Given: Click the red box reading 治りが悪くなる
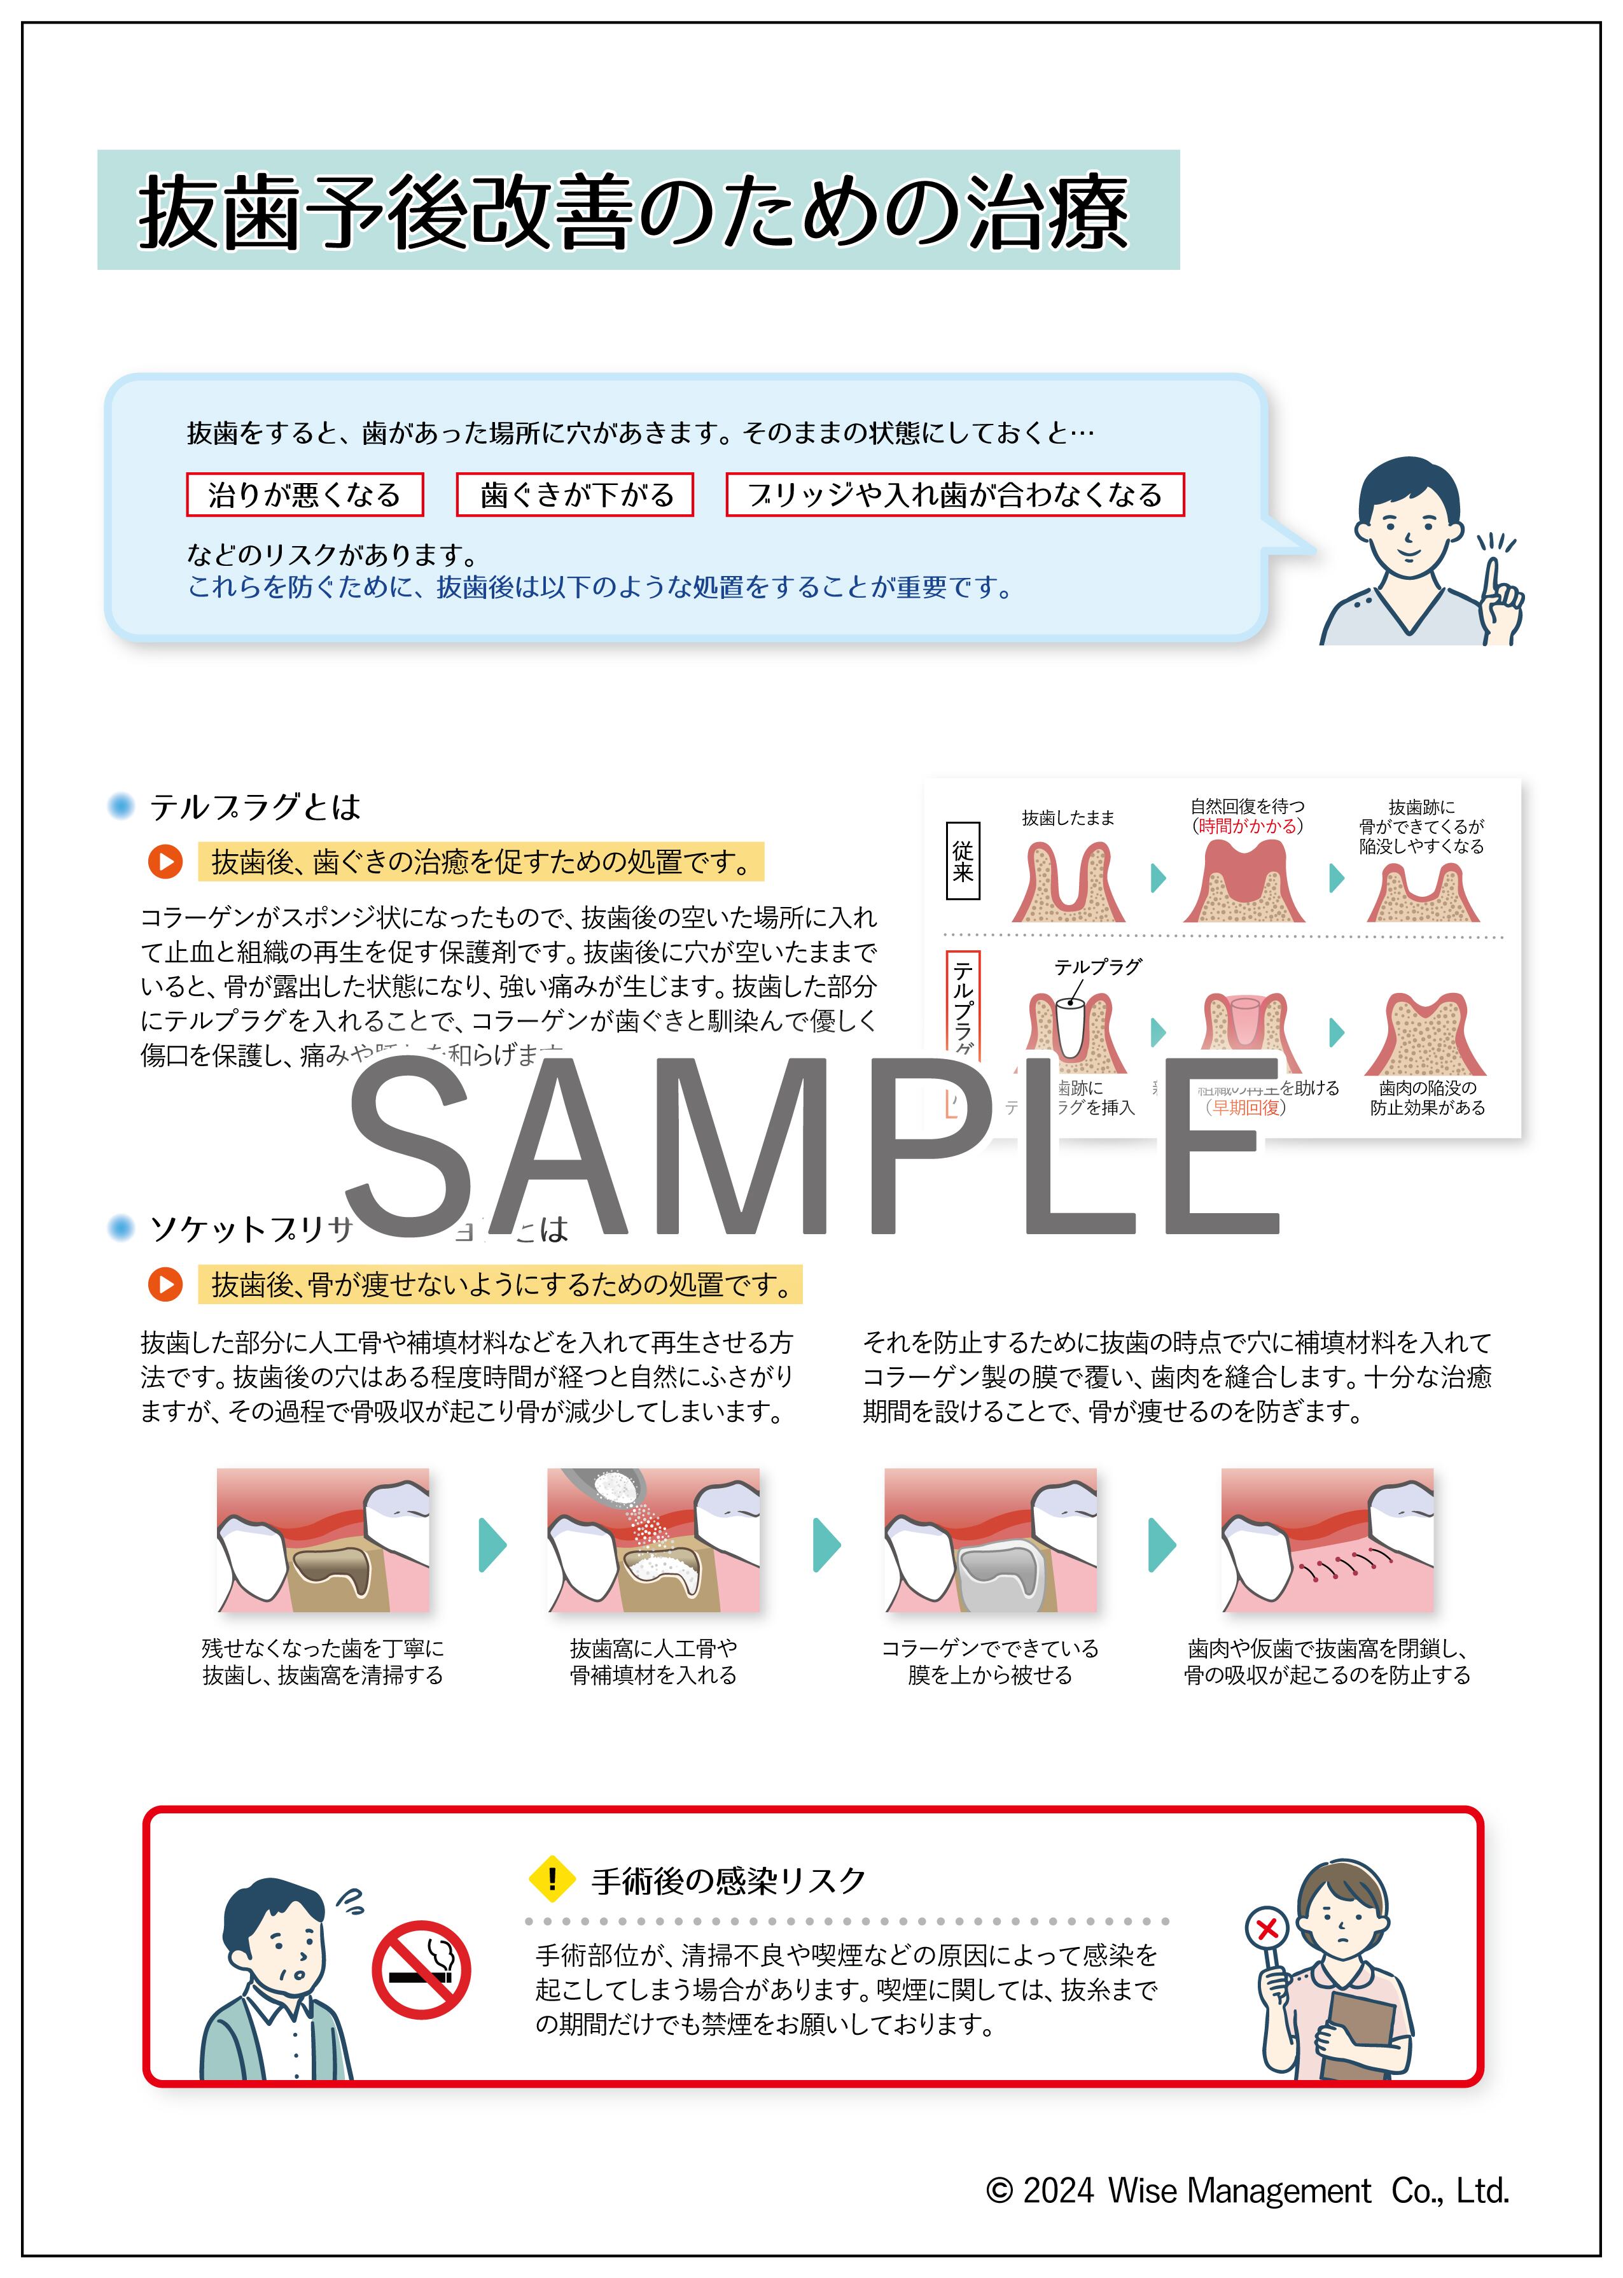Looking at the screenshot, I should (305, 495).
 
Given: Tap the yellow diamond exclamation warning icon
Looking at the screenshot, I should (551, 1879).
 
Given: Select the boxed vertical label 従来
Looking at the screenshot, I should (963, 861).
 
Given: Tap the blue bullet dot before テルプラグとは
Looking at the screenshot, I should (121, 806).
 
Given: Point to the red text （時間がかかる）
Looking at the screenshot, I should (1246, 827).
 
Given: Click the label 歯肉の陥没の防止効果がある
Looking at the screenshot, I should (1426, 1097).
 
